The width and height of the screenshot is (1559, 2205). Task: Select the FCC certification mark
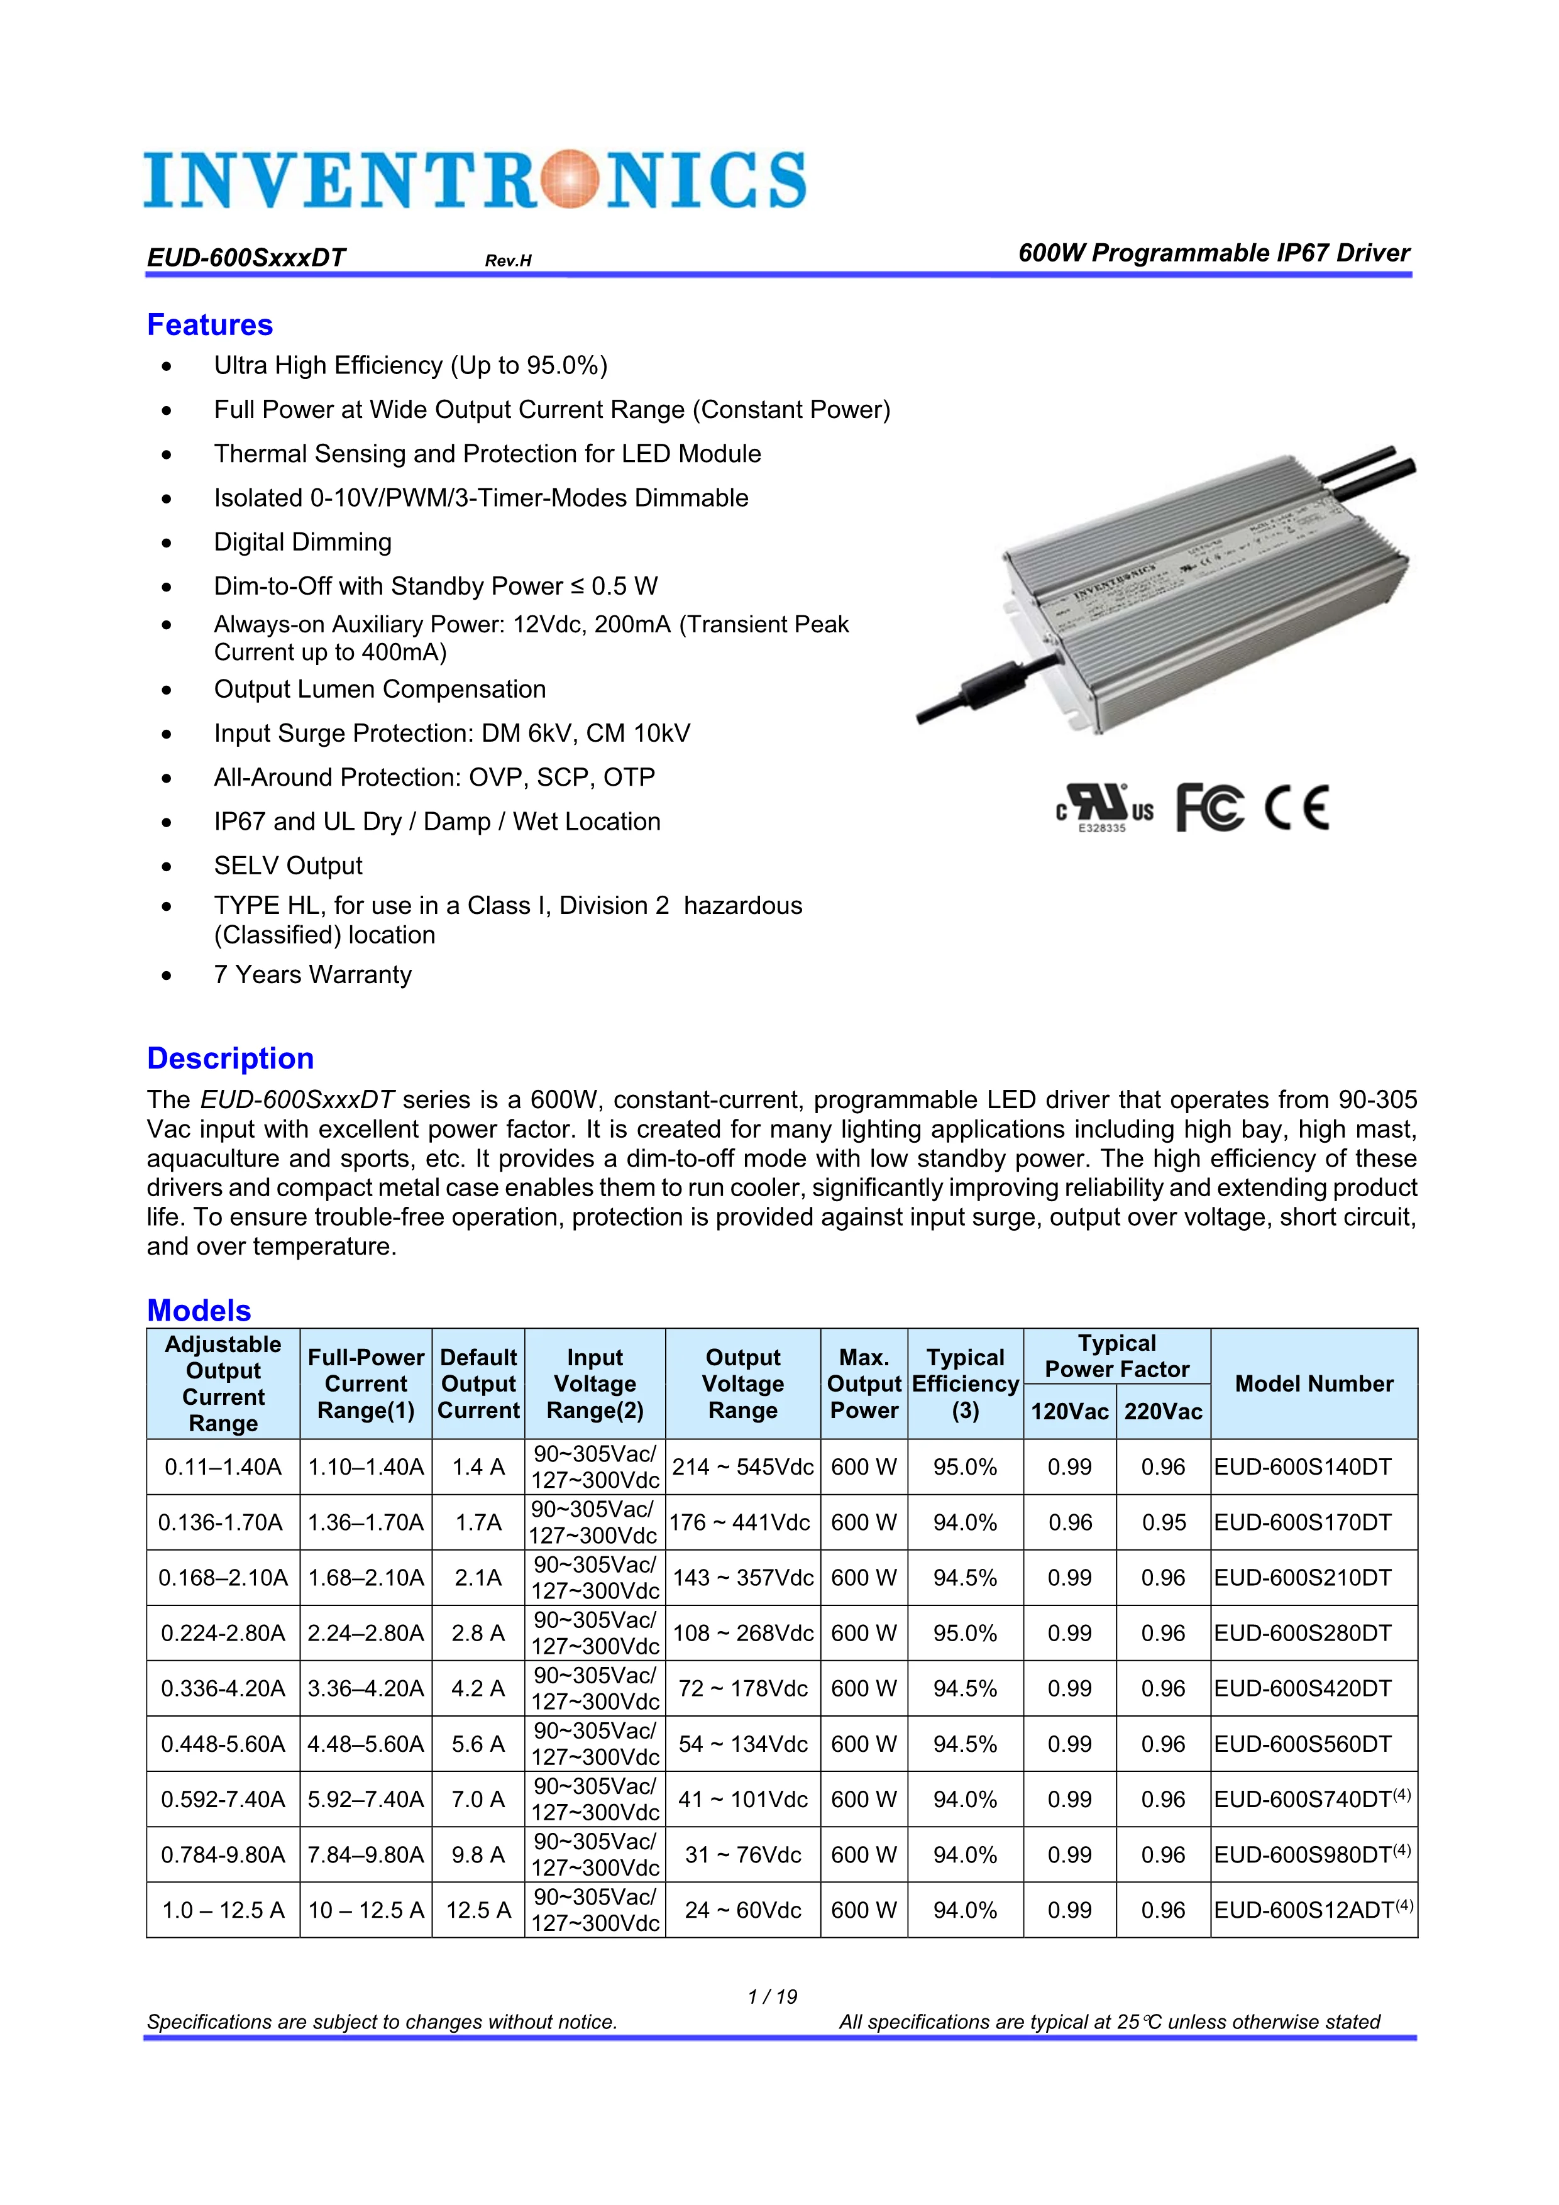click(x=1209, y=806)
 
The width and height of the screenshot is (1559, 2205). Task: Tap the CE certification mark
click(x=1297, y=806)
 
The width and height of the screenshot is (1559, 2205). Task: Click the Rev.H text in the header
click(x=508, y=260)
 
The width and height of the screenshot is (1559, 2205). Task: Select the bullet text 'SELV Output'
click(x=288, y=866)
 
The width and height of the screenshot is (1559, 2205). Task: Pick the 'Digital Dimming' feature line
click(x=302, y=542)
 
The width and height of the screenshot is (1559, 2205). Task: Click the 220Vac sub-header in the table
click(x=1162, y=1410)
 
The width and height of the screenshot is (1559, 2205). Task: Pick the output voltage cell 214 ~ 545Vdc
click(x=742, y=1466)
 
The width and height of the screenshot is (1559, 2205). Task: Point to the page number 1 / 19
click(x=773, y=1996)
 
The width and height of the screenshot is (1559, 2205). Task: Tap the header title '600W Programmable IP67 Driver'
click(x=1213, y=253)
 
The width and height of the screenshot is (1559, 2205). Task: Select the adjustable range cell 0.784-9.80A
click(x=223, y=1854)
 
